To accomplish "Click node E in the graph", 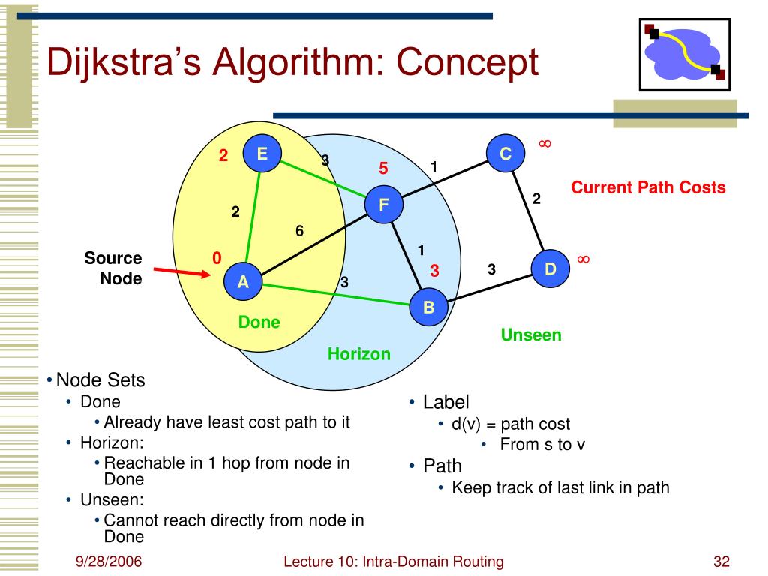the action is pyautogui.click(x=262, y=153).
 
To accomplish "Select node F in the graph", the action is pyautogui.click(x=384, y=204).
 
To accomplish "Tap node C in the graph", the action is pyautogui.click(x=505, y=153).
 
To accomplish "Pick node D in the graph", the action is pyautogui.click(x=550, y=268).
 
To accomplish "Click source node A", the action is pyautogui.click(x=243, y=281).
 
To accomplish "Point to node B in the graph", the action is pyautogui.click(x=428, y=307).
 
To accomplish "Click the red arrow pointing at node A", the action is pyautogui.click(x=181, y=272).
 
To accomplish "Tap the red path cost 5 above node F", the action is pyautogui.click(x=383, y=169).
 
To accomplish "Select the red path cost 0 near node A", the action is pyautogui.click(x=217, y=258).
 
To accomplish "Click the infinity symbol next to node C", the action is pyautogui.click(x=544, y=143).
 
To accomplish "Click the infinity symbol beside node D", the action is pyautogui.click(x=583, y=259).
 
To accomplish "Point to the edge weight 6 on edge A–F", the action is pyautogui.click(x=300, y=231).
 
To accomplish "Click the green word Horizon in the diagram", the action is pyautogui.click(x=359, y=354).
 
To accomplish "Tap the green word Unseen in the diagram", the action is pyautogui.click(x=531, y=334).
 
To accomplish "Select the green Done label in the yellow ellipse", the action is pyautogui.click(x=259, y=322).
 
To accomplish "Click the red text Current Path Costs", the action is pyautogui.click(x=648, y=187).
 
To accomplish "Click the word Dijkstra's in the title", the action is pyautogui.click(x=124, y=63).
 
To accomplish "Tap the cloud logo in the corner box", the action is pyautogui.click(x=684, y=54).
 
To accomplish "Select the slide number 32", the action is pyautogui.click(x=721, y=561).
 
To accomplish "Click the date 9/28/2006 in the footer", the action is pyautogui.click(x=109, y=561).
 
